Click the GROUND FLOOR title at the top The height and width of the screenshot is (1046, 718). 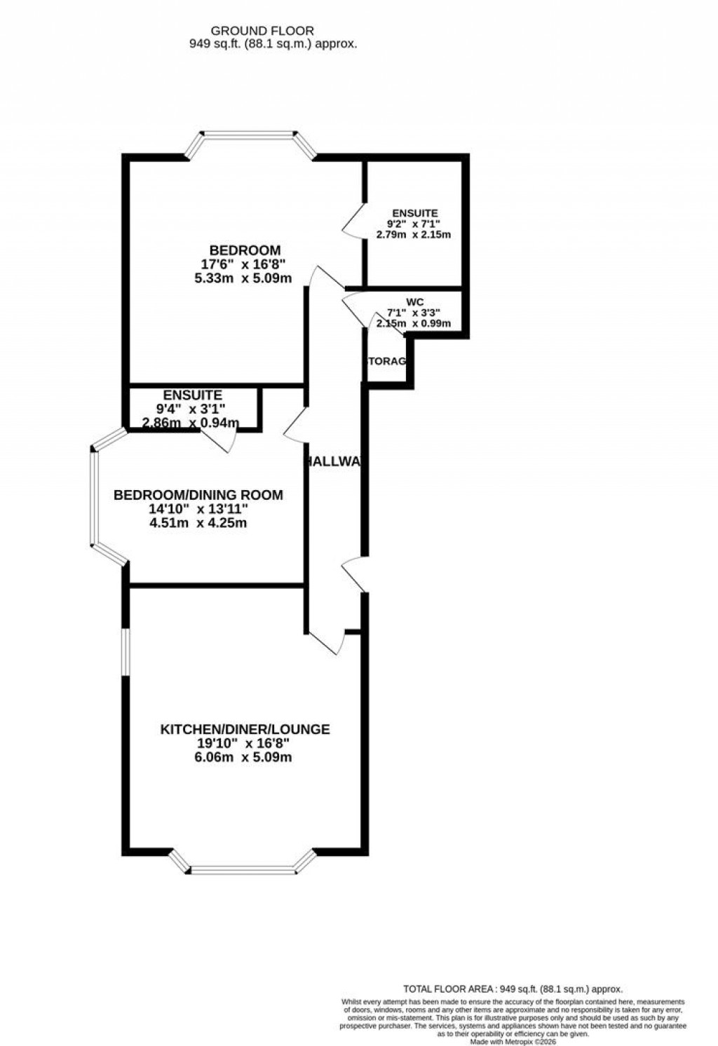(262, 31)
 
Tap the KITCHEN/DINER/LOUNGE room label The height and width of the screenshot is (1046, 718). (245, 729)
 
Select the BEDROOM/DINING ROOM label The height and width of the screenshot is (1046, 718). (198, 495)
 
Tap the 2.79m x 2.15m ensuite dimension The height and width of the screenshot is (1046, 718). (414, 235)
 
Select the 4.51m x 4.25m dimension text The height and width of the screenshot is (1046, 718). (198, 523)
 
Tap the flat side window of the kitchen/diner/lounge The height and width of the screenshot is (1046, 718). (123, 652)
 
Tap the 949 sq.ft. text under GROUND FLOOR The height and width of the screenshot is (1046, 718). (274, 43)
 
